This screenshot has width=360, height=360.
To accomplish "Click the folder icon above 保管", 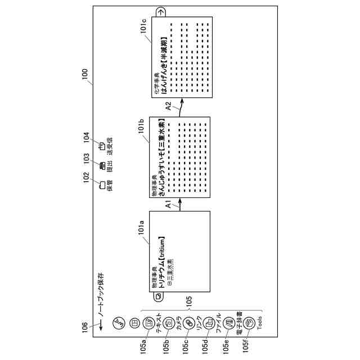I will (102, 183).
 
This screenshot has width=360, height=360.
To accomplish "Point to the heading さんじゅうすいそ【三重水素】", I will (161, 157).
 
